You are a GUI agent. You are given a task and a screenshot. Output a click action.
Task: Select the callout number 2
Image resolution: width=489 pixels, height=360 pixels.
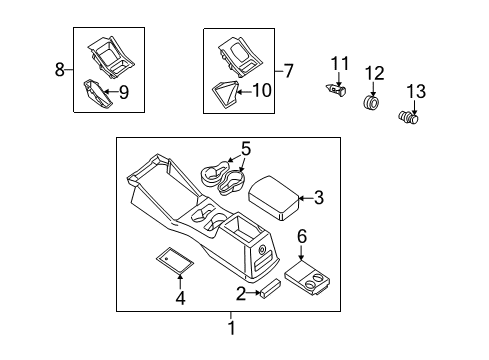[241, 294]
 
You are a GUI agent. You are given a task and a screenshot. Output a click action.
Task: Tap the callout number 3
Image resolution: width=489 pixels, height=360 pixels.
[319, 198]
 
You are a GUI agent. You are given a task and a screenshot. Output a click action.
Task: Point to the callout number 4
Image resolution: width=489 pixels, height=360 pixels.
[180, 297]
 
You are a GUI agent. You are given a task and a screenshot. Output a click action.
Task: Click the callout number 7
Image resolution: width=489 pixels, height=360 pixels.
[289, 70]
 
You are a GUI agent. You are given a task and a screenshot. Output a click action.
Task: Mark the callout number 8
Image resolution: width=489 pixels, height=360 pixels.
[60, 70]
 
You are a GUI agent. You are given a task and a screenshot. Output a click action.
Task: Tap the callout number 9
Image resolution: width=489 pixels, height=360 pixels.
[125, 95]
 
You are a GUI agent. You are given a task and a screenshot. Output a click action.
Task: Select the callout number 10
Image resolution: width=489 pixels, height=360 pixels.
[263, 91]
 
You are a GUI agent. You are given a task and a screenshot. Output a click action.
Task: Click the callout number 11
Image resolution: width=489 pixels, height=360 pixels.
[338, 66]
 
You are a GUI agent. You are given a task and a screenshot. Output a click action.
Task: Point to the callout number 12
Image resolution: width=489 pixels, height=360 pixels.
[374, 72]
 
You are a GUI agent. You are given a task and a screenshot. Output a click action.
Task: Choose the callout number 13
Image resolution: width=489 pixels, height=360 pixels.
[415, 92]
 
